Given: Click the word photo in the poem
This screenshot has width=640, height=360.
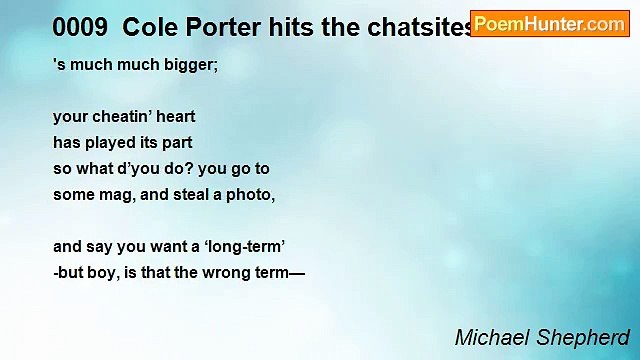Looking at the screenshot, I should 250,195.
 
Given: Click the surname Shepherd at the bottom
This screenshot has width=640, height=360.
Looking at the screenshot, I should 585,337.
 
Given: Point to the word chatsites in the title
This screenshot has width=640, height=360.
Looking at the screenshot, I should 420,28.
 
